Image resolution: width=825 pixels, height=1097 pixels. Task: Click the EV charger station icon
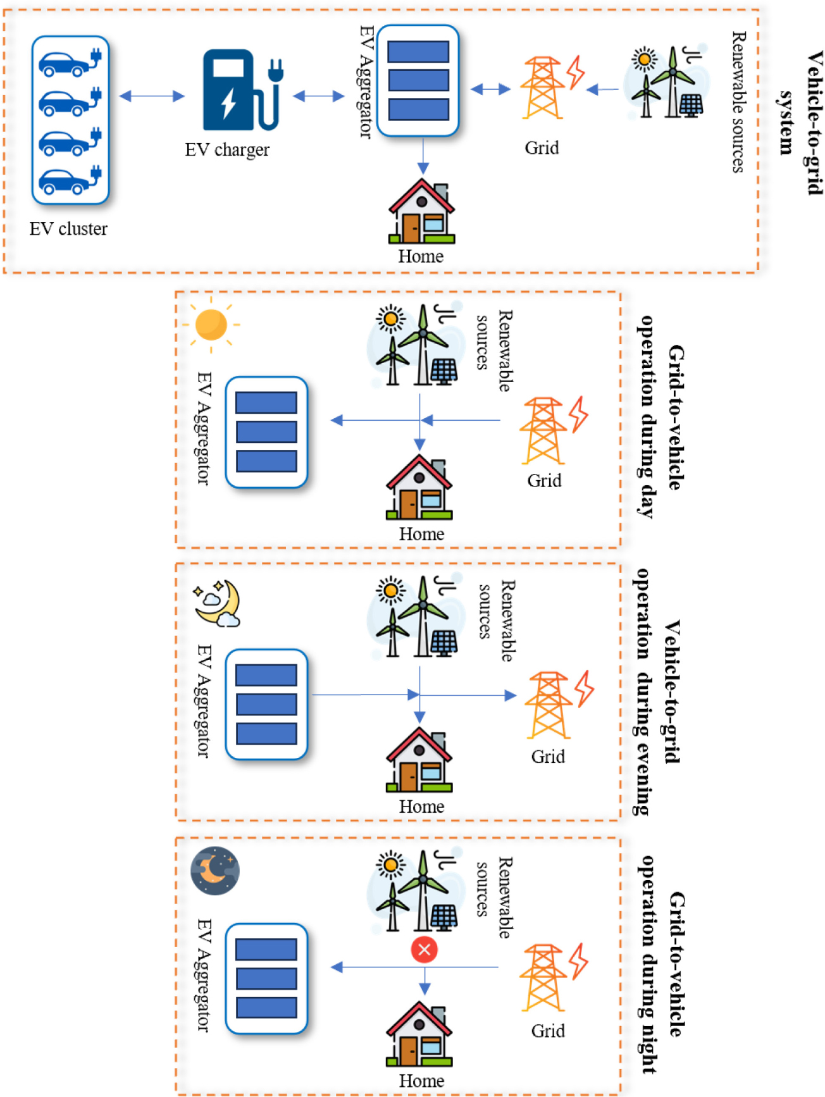[x=240, y=90]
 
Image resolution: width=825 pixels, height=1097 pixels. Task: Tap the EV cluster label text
[x=68, y=228]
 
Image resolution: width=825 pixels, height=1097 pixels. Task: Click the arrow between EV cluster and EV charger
[x=152, y=96]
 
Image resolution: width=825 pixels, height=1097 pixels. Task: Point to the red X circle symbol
[x=424, y=949]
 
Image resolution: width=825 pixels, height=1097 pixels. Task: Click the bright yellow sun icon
[x=211, y=325]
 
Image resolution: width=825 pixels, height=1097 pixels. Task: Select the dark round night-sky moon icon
[x=215, y=871]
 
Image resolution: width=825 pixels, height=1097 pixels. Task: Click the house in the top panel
[x=421, y=212]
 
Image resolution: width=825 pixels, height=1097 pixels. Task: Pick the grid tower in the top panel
[x=543, y=89]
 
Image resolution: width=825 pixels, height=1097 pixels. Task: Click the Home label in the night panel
[x=421, y=1081]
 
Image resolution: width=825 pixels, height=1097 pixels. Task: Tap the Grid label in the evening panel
[x=548, y=757]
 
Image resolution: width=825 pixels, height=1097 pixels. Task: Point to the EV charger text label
[x=227, y=150]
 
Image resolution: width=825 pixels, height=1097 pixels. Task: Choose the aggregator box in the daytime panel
[x=266, y=432]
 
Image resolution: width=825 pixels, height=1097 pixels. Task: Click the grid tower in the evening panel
[x=549, y=705]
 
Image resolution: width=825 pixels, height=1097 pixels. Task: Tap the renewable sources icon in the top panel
[x=664, y=82]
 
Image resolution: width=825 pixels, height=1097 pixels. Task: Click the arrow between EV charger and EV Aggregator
[x=319, y=96]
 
